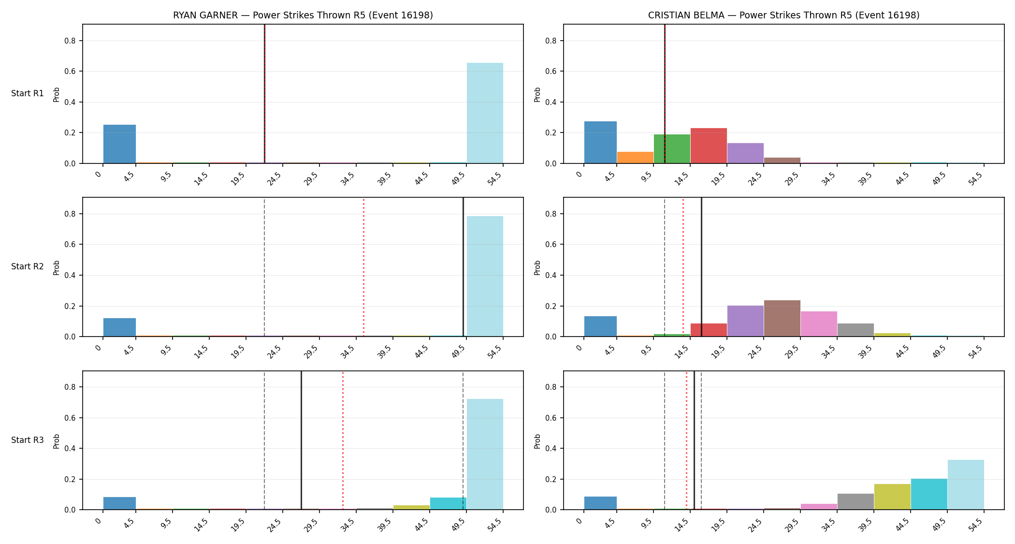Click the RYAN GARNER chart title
pyautogui.click(x=303, y=15)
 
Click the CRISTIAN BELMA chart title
pyautogui.click(x=783, y=15)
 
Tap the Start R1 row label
pyautogui.click(x=28, y=93)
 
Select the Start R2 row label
pyautogui.click(x=28, y=266)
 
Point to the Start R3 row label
pyautogui.click(x=28, y=440)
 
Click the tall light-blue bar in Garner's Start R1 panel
pyautogui.click(x=485, y=113)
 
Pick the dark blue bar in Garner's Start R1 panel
pyautogui.click(x=119, y=144)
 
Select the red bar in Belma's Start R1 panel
pyautogui.click(x=709, y=146)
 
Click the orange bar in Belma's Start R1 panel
pyautogui.click(x=635, y=158)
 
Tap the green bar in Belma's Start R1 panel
pyautogui.click(x=672, y=149)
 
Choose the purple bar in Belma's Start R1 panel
pyautogui.click(x=745, y=153)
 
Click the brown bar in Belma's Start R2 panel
pyautogui.click(x=782, y=318)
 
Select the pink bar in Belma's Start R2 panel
pyautogui.click(x=819, y=324)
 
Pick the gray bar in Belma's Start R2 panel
pyautogui.click(x=855, y=330)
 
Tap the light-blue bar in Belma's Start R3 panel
pyautogui.click(x=966, y=485)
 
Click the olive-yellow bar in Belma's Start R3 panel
pyautogui.click(x=892, y=497)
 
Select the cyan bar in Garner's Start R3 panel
pyautogui.click(x=448, y=503)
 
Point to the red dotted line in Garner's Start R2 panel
pyautogui.click(x=363, y=267)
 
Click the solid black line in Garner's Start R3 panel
pyautogui.click(x=301, y=440)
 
